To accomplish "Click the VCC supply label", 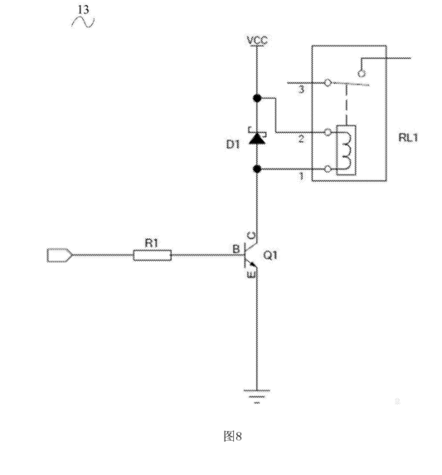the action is point(257,41).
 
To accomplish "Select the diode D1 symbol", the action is point(257,136).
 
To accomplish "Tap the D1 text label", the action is point(233,144).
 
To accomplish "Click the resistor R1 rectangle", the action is point(153,255).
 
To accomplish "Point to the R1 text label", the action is point(151,243).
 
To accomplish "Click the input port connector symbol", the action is point(60,255).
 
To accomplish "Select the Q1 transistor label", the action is point(270,255).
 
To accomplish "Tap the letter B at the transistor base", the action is point(236,249).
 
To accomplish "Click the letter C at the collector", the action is point(251,235).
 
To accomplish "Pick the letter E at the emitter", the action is point(251,275).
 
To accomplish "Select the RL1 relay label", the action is point(408,138).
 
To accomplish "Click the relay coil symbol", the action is point(346,150).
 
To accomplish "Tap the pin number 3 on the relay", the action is point(301,90).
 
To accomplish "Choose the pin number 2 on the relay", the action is point(301,139).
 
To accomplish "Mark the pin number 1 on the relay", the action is point(301,176).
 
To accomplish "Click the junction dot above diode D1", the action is point(257,98).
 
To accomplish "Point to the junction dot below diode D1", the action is point(257,169).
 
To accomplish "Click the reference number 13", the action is point(84,10).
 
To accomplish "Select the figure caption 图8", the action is point(232,437).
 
